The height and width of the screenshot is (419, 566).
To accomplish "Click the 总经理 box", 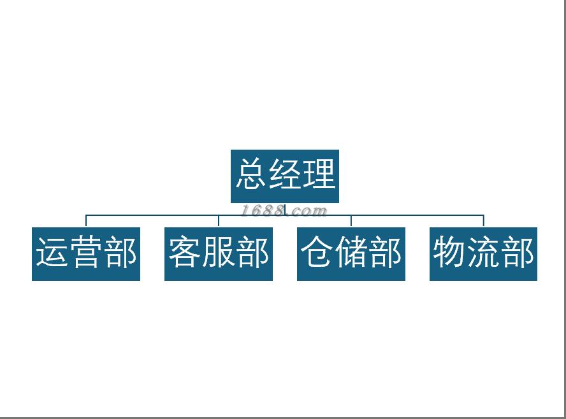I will click(x=285, y=176).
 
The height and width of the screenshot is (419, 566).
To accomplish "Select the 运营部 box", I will click(x=86, y=253).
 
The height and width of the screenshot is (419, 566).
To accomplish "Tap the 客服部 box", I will click(x=219, y=253).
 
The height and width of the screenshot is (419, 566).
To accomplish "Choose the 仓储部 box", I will click(x=351, y=253).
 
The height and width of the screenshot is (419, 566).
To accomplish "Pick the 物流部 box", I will click(x=483, y=253).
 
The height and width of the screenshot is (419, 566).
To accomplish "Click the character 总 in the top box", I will click(x=250, y=174).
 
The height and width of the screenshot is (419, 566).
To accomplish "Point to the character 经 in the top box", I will click(x=285, y=174).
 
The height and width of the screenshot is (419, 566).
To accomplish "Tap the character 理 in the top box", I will click(x=319, y=174).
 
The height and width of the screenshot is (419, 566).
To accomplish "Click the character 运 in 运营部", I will click(x=52, y=252).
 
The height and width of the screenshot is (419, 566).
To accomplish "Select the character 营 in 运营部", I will click(x=86, y=252).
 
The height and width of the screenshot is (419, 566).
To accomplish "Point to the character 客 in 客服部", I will click(x=184, y=252).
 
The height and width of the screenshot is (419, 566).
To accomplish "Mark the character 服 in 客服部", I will click(x=219, y=252).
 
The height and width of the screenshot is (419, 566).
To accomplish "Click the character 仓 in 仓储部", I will click(x=317, y=252).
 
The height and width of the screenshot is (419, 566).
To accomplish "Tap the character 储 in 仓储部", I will click(x=351, y=252).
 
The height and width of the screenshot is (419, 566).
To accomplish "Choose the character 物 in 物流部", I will click(x=449, y=252).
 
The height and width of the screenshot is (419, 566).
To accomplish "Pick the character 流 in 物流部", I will click(x=483, y=252).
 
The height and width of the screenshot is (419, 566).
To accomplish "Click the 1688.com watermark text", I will click(x=284, y=211).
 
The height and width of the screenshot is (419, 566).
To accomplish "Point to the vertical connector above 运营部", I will click(x=86, y=221).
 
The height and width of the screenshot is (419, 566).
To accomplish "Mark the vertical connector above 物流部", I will click(x=483, y=221).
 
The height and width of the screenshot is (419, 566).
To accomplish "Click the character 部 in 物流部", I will click(x=518, y=252).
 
